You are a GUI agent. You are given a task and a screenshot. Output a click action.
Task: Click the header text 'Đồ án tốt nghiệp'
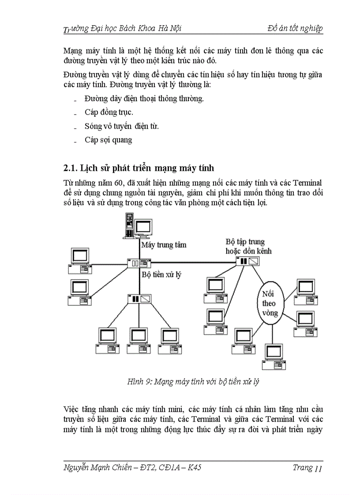(295, 29)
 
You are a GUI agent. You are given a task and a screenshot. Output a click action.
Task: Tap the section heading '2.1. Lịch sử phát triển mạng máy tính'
(139, 168)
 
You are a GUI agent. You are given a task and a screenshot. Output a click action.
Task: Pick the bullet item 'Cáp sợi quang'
(108, 140)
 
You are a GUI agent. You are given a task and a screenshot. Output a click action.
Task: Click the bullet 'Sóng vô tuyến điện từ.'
(121, 126)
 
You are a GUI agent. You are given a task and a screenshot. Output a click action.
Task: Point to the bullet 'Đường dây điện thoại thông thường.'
(144, 98)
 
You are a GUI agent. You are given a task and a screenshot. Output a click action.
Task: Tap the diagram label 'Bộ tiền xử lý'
(161, 274)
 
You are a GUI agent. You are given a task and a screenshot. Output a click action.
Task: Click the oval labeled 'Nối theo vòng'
(269, 303)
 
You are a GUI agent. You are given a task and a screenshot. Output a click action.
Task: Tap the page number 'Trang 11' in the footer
(307, 468)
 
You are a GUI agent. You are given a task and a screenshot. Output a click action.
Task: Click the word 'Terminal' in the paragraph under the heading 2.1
(307, 182)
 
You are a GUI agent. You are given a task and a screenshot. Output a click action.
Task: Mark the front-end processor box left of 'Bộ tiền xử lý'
(133, 264)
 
